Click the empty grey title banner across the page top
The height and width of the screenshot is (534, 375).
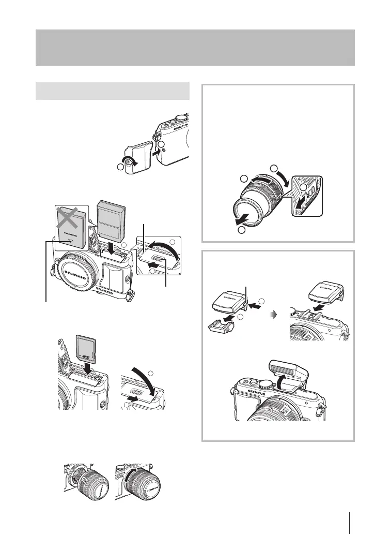click(195, 47)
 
